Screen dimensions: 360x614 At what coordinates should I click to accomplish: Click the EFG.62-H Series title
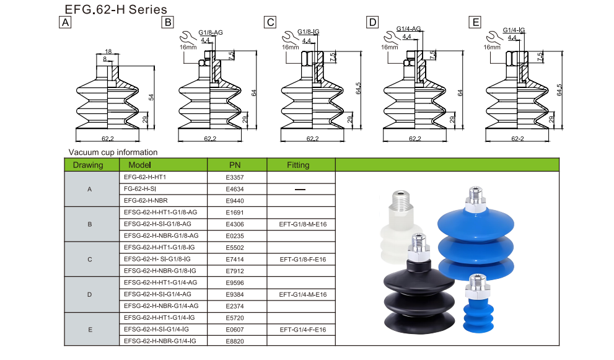tap(116, 9)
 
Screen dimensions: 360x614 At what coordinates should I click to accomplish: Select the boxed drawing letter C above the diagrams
tap(270, 23)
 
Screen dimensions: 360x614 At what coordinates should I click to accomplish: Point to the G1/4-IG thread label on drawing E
tap(514, 30)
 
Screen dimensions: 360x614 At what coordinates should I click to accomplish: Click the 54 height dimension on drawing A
tap(151, 97)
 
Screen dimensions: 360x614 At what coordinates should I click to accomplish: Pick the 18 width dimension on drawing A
tap(108, 52)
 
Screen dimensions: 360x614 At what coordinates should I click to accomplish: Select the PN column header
tap(236, 165)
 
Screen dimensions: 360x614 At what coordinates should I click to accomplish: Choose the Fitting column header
tap(300, 165)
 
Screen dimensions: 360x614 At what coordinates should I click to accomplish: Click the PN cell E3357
tap(236, 177)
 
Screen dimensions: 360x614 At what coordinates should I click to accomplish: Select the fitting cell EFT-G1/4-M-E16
tap(303, 294)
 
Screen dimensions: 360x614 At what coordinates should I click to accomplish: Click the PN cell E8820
tap(236, 341)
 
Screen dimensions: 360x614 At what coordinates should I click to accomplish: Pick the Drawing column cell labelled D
tap(90, 294)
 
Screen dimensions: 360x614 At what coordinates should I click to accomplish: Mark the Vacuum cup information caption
tap(113, 152)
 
